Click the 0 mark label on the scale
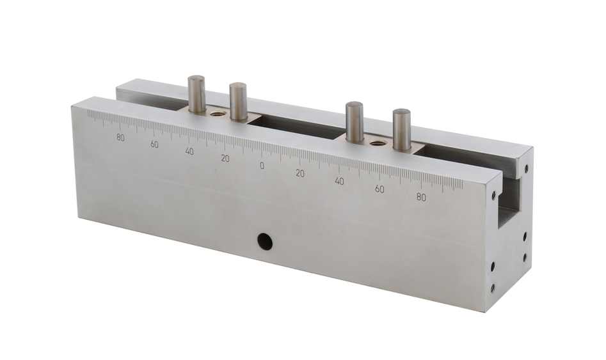coord(262,166)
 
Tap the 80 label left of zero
coord(120,138)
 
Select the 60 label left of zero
coord(155,145)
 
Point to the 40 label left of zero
coord(189,152)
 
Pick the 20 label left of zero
coord(225,159)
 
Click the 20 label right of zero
coord(300,173)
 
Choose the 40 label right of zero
coord(339,181)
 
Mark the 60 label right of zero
coord(380,189)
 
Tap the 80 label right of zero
coord(421,198)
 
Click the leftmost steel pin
coord(196,94)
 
